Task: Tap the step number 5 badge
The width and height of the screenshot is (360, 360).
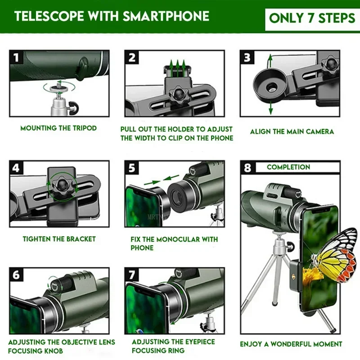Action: [132, 168]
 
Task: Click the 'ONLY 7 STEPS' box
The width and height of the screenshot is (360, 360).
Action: [312, 18]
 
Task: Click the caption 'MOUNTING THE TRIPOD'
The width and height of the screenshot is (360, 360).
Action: [58, 128]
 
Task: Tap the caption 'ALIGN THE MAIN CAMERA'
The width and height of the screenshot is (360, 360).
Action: [292, 132]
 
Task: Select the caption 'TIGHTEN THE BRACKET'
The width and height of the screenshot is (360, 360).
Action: [59, 239]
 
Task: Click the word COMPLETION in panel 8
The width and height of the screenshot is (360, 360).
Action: [288, 167]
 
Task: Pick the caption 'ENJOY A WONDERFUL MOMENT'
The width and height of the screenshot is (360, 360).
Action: [291, 344]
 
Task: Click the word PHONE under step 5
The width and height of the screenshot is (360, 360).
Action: [142, 248]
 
